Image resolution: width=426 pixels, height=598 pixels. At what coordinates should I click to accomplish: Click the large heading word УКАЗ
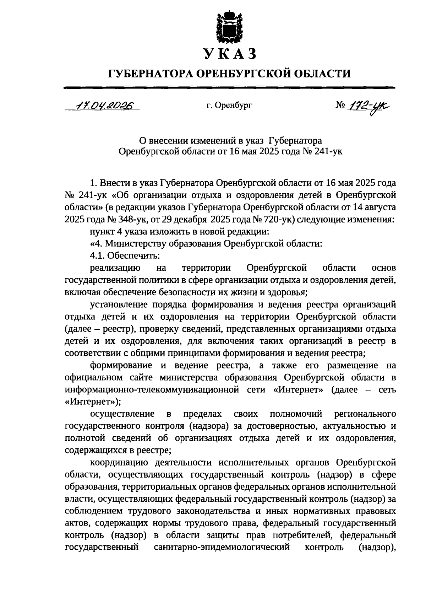tap(229, 54)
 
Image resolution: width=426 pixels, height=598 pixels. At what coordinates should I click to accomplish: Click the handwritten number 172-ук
tap(370, 106)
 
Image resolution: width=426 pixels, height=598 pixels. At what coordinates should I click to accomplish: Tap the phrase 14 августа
tap(375, 208)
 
